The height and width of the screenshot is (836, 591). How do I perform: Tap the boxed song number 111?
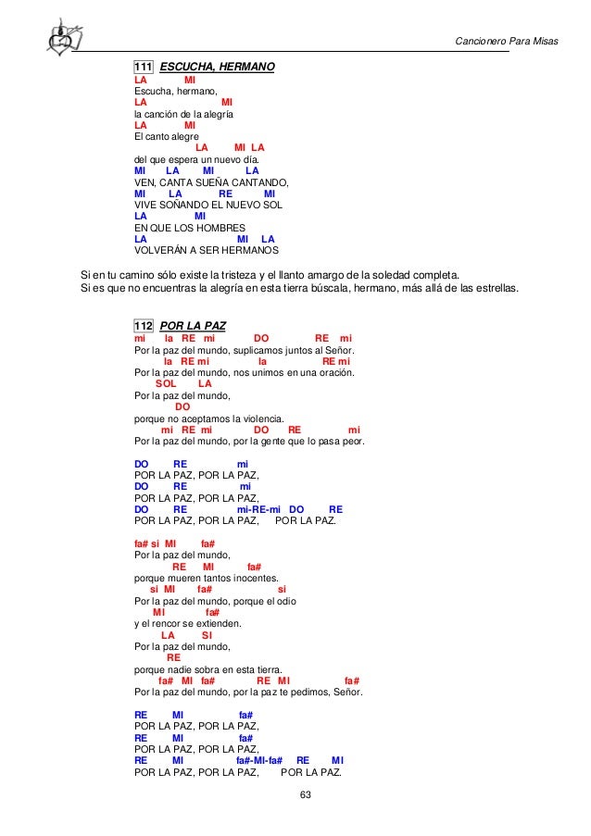point(144,67)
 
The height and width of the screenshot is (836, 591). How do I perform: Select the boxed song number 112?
point(144,326)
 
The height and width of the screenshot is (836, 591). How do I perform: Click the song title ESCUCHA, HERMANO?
point(217,67)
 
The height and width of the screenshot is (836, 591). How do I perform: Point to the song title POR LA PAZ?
point(194,326)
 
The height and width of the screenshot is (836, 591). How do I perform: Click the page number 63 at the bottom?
point(295,797)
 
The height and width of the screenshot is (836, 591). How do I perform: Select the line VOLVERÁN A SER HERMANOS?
point(207,250)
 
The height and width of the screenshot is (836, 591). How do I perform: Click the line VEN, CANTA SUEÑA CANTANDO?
point(212,181)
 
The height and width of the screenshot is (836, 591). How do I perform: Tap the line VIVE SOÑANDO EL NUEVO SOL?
point(208,205)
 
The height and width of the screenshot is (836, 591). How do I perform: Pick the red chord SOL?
point(167,383)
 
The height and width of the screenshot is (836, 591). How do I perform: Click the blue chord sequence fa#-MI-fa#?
point(258,760)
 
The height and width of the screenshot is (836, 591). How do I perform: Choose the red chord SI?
point(207,634)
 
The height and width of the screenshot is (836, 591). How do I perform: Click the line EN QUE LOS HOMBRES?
point(190,227)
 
